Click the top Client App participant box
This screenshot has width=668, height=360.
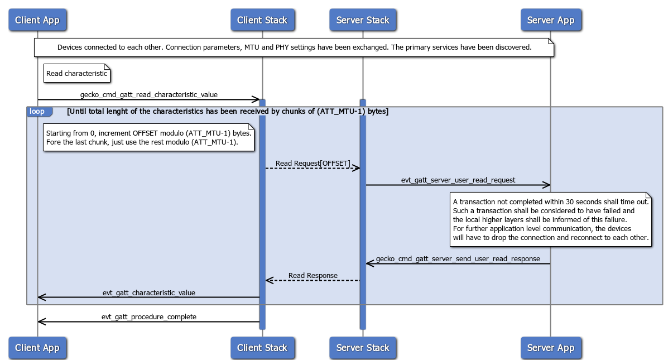(x=37, y=21)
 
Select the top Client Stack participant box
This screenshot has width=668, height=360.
(x=262, y=21)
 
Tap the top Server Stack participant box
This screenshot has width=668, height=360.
(x=362, y=21)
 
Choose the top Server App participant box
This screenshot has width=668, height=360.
(x=550, y=21)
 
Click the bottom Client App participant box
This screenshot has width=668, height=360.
(x=37, y=348)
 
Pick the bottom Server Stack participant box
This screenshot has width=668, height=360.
(x=362, y=348)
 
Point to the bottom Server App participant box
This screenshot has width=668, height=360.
(x=550, y=348)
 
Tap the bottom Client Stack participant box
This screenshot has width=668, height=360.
(x=262, y=348)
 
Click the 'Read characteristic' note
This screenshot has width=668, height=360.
(x=77, y=74)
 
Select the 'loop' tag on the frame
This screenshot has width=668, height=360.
(x=37, y=112)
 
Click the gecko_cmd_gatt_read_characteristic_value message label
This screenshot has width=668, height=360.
(x=148, y=95)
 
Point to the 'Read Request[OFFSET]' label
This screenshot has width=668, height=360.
(x=313, y=164)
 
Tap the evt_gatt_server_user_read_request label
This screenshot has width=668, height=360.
(x=458, y=180)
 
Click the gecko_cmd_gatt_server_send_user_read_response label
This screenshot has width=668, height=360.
(x=458, y=259)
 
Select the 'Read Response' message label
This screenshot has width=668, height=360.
(x=313, y=276)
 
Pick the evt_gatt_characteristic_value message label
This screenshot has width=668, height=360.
(x=148, y=292)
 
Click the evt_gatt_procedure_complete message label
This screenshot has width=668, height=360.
(x=148, y=317)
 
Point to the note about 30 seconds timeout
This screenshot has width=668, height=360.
(x=551, y=219)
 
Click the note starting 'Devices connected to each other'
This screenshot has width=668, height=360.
(x=294, y=47)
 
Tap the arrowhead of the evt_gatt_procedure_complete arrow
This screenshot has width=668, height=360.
(x=41, y=322)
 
